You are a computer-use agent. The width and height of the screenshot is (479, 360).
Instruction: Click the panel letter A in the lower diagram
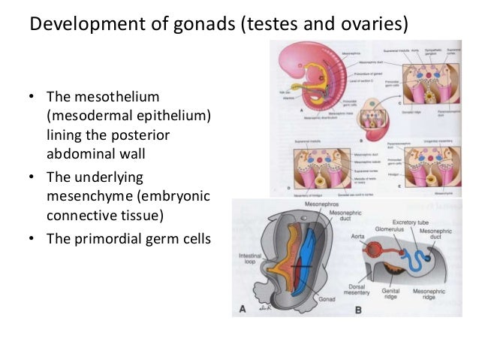coord(242,308)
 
